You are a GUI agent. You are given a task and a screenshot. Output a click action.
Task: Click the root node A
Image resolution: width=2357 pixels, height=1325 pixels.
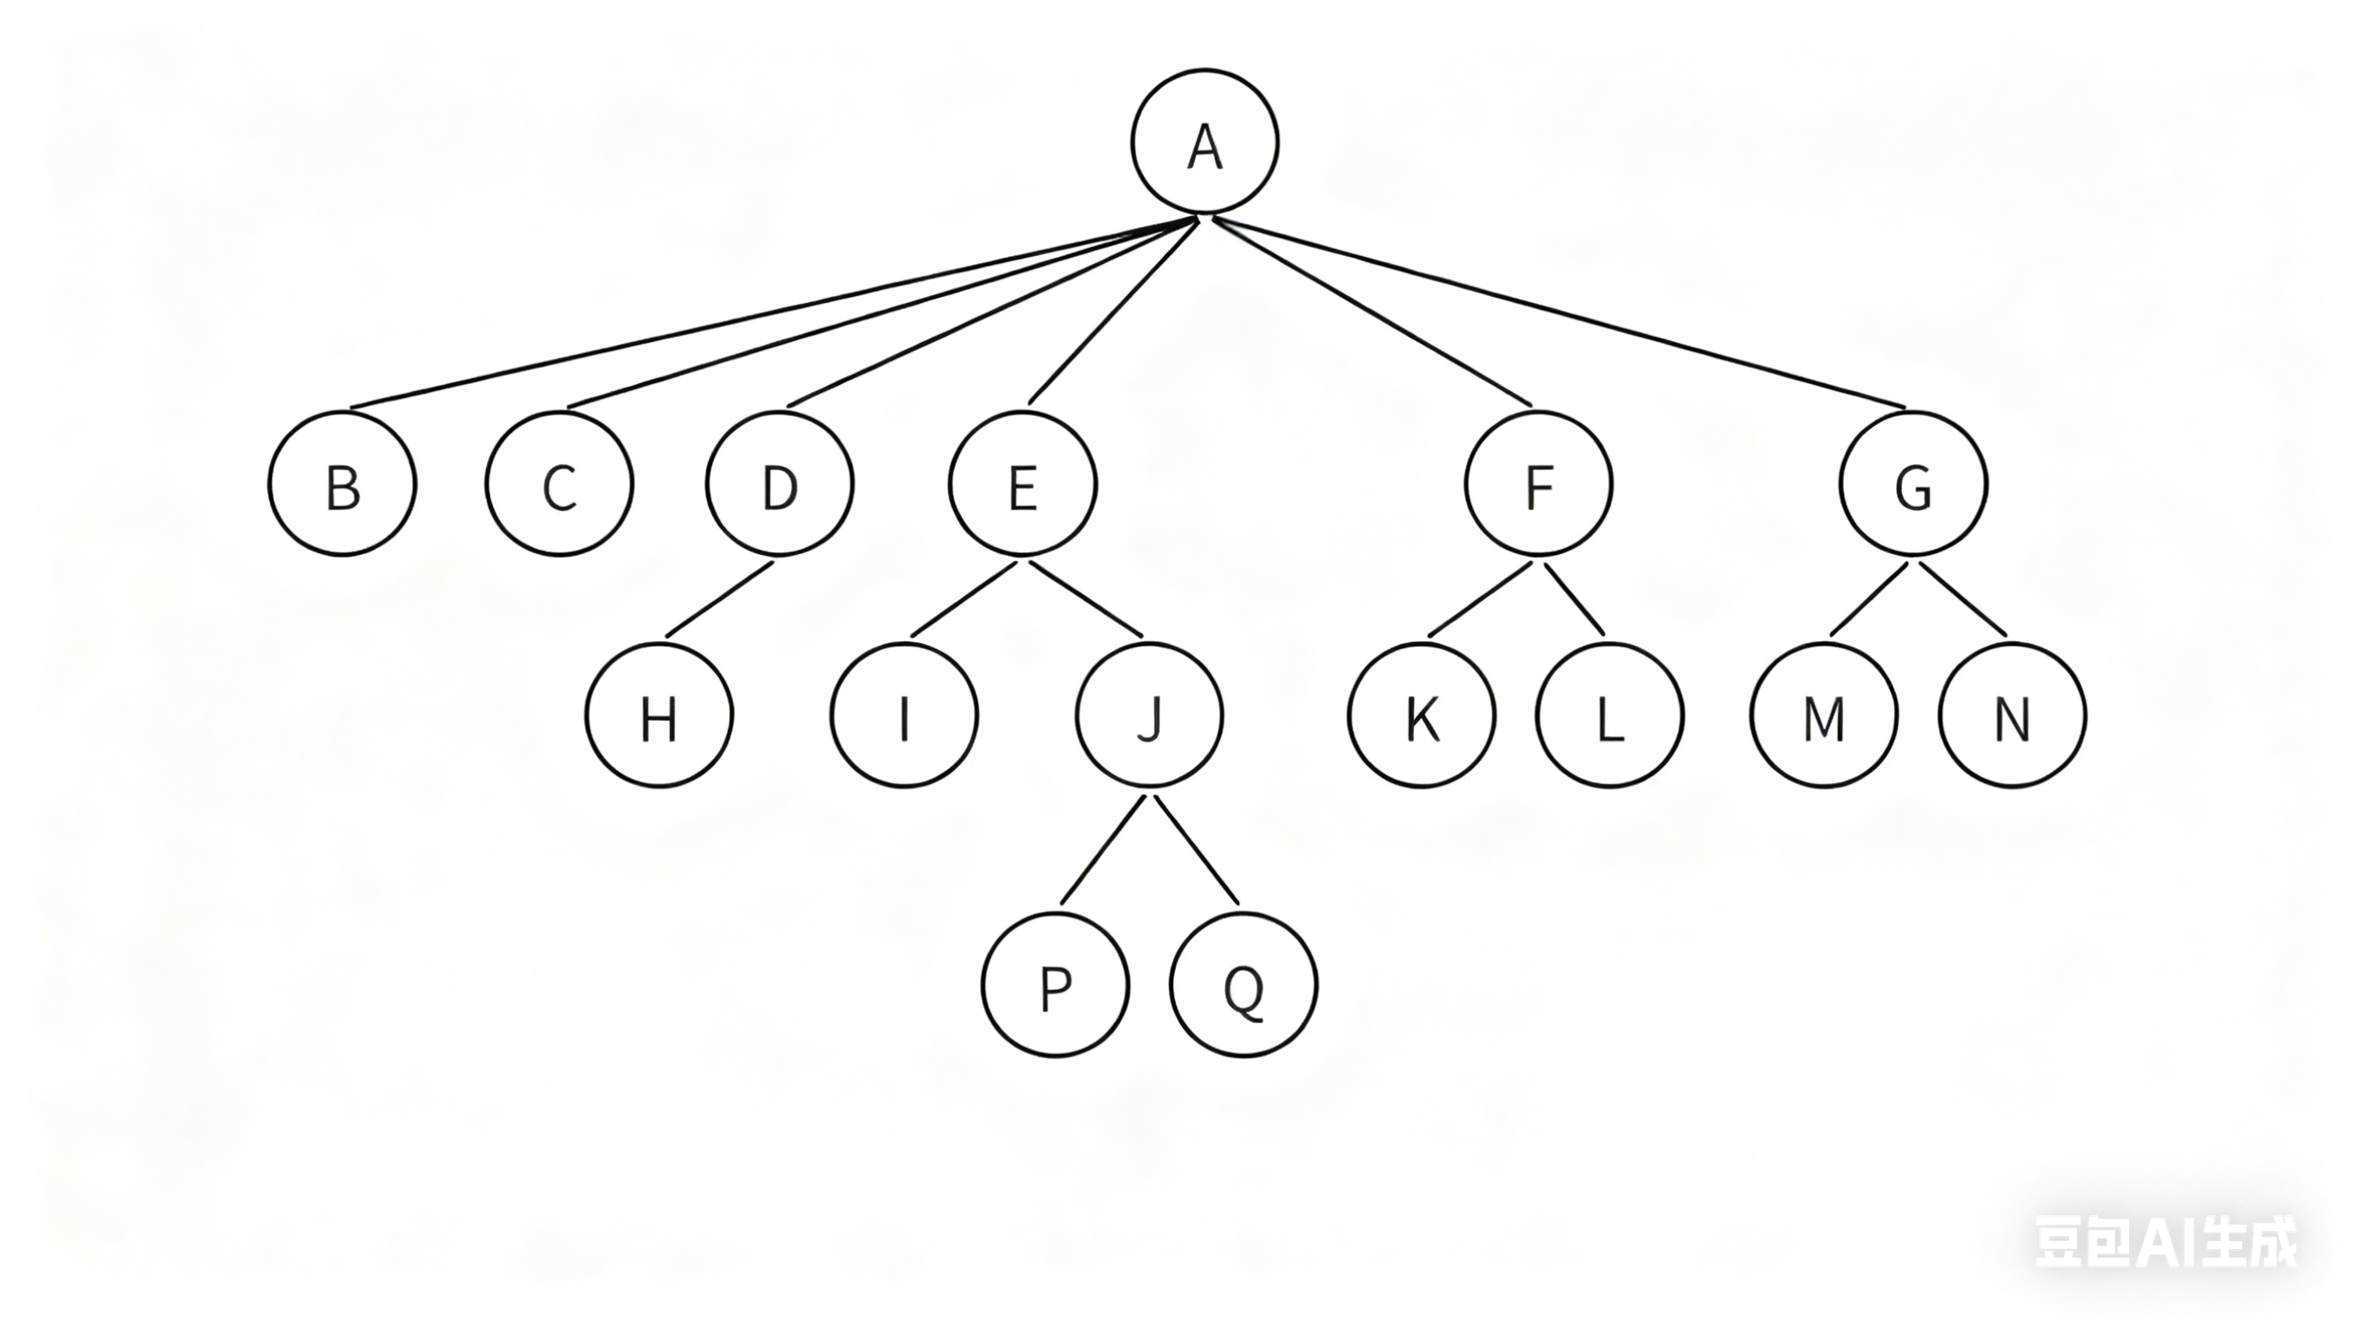1204,142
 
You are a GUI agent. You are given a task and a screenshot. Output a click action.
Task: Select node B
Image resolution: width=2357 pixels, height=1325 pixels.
342,484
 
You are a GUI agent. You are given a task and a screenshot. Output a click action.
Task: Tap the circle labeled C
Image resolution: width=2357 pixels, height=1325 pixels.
559,484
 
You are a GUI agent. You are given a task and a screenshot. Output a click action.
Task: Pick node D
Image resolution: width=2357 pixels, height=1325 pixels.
780,484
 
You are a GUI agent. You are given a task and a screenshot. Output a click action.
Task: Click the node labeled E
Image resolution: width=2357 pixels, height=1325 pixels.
1022,484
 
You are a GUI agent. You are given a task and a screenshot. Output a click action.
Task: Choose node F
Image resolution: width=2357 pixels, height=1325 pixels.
1538,484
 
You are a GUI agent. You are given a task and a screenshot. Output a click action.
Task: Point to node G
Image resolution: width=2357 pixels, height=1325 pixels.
1913,484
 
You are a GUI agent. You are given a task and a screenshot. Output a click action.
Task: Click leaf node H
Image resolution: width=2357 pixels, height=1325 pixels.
659,715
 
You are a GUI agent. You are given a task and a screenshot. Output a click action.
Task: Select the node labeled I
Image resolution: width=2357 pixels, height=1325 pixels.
904,715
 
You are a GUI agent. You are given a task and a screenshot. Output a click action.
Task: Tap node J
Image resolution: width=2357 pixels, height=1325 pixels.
1149,715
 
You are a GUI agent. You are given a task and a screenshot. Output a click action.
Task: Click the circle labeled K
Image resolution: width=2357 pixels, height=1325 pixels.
1422,715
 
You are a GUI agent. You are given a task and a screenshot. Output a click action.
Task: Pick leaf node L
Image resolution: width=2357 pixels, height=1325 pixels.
1609,715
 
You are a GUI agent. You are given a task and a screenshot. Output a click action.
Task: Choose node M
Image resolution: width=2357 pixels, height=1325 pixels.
1823,715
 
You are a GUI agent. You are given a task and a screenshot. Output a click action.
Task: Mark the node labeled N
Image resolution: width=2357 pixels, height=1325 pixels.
2012,715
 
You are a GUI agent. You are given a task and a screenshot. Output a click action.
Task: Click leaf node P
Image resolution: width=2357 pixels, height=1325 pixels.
1056,986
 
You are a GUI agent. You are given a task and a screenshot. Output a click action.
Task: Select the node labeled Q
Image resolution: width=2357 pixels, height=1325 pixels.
1243,986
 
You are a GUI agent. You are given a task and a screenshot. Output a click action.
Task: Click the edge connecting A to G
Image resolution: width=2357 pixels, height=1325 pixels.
1560,313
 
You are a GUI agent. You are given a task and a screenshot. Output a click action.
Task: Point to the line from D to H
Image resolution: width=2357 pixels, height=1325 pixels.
719,599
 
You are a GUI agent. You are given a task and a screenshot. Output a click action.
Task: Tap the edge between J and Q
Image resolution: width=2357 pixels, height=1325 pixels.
1197,850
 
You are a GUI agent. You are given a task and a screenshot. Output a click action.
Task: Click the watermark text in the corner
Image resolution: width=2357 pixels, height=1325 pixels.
2164,1242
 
